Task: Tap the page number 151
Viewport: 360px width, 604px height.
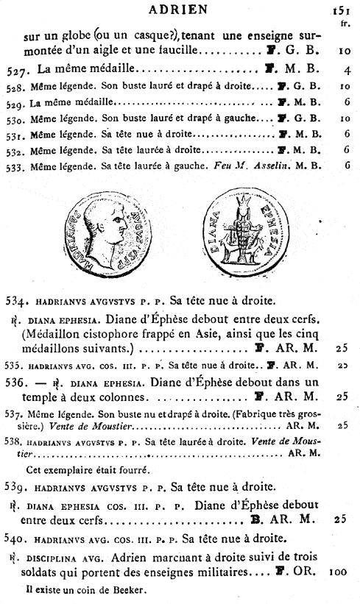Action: click(x=339, y=10)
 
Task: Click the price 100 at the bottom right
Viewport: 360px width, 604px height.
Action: click(x=339, y=571)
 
